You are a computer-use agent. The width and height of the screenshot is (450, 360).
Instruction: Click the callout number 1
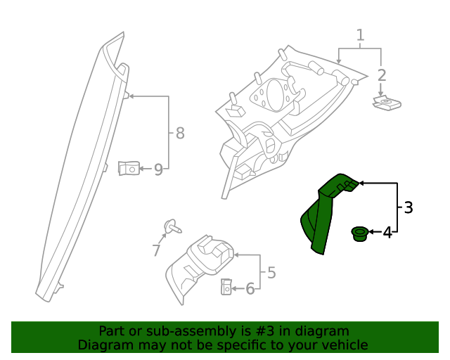(x=361, y=35)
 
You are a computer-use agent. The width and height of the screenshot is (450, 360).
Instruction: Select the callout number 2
(x=382, y=75)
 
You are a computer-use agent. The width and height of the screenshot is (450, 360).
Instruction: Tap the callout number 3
(x=408, y=207)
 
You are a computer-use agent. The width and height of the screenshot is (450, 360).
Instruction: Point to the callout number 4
(x=387, y=232)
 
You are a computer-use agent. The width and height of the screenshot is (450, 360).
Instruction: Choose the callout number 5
(x=271, y=272)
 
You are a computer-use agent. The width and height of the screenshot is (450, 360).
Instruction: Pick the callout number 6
(x=250, y=288)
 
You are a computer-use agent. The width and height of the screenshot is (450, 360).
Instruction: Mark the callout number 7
(x=156, y=250)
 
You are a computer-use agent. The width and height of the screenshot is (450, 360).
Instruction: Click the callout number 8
(x=180, y=132)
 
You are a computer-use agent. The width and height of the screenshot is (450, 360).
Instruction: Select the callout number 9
(x=158, y=169)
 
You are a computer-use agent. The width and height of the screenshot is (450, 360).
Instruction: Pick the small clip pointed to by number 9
(x=128, y=169)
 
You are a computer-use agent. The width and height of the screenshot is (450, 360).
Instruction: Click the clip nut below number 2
(x=385, y=104)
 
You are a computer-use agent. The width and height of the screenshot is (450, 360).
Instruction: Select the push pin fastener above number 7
(x=171, y=226)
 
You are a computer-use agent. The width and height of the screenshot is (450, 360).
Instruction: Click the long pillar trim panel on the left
(x=81, y=169)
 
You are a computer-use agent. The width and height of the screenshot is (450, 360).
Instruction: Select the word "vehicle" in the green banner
(x=343, y=345)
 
